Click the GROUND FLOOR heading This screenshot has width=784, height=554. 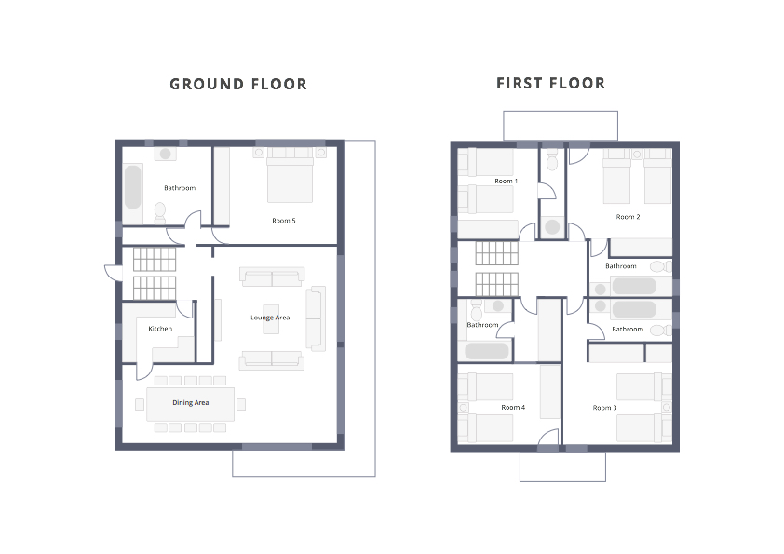click(x=238, y=84)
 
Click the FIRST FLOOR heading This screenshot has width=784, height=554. click(x=550, y=83)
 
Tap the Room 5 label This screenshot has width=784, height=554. click(x=283, y=221)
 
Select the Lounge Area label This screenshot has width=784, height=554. click(x=270, y=318)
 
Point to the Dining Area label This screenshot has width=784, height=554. click(x=191, y=402)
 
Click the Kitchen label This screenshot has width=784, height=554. click(x=160, y=329)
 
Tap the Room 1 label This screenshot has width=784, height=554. click(x=506, y=181)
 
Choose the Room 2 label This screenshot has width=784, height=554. click(x=628, y=217)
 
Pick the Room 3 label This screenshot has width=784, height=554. click(x=604, y=408)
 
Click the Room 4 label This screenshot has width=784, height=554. click(x=513, y=407)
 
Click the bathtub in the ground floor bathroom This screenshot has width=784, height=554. click(x=132, y=186)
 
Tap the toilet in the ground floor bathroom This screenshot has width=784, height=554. click(x=160, y=213)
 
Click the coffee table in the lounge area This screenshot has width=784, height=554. click(x=271, y=319)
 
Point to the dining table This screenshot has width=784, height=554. click(x=191, y=404)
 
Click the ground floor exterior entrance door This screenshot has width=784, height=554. click(x=114, y=274)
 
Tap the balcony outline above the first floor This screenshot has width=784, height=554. click(x=561, y=126)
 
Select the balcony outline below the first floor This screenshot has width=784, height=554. click(x=562, y=466)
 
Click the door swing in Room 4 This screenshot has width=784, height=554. click(x=549, y=437)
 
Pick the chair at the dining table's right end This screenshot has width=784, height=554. click(x=241, y=404)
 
